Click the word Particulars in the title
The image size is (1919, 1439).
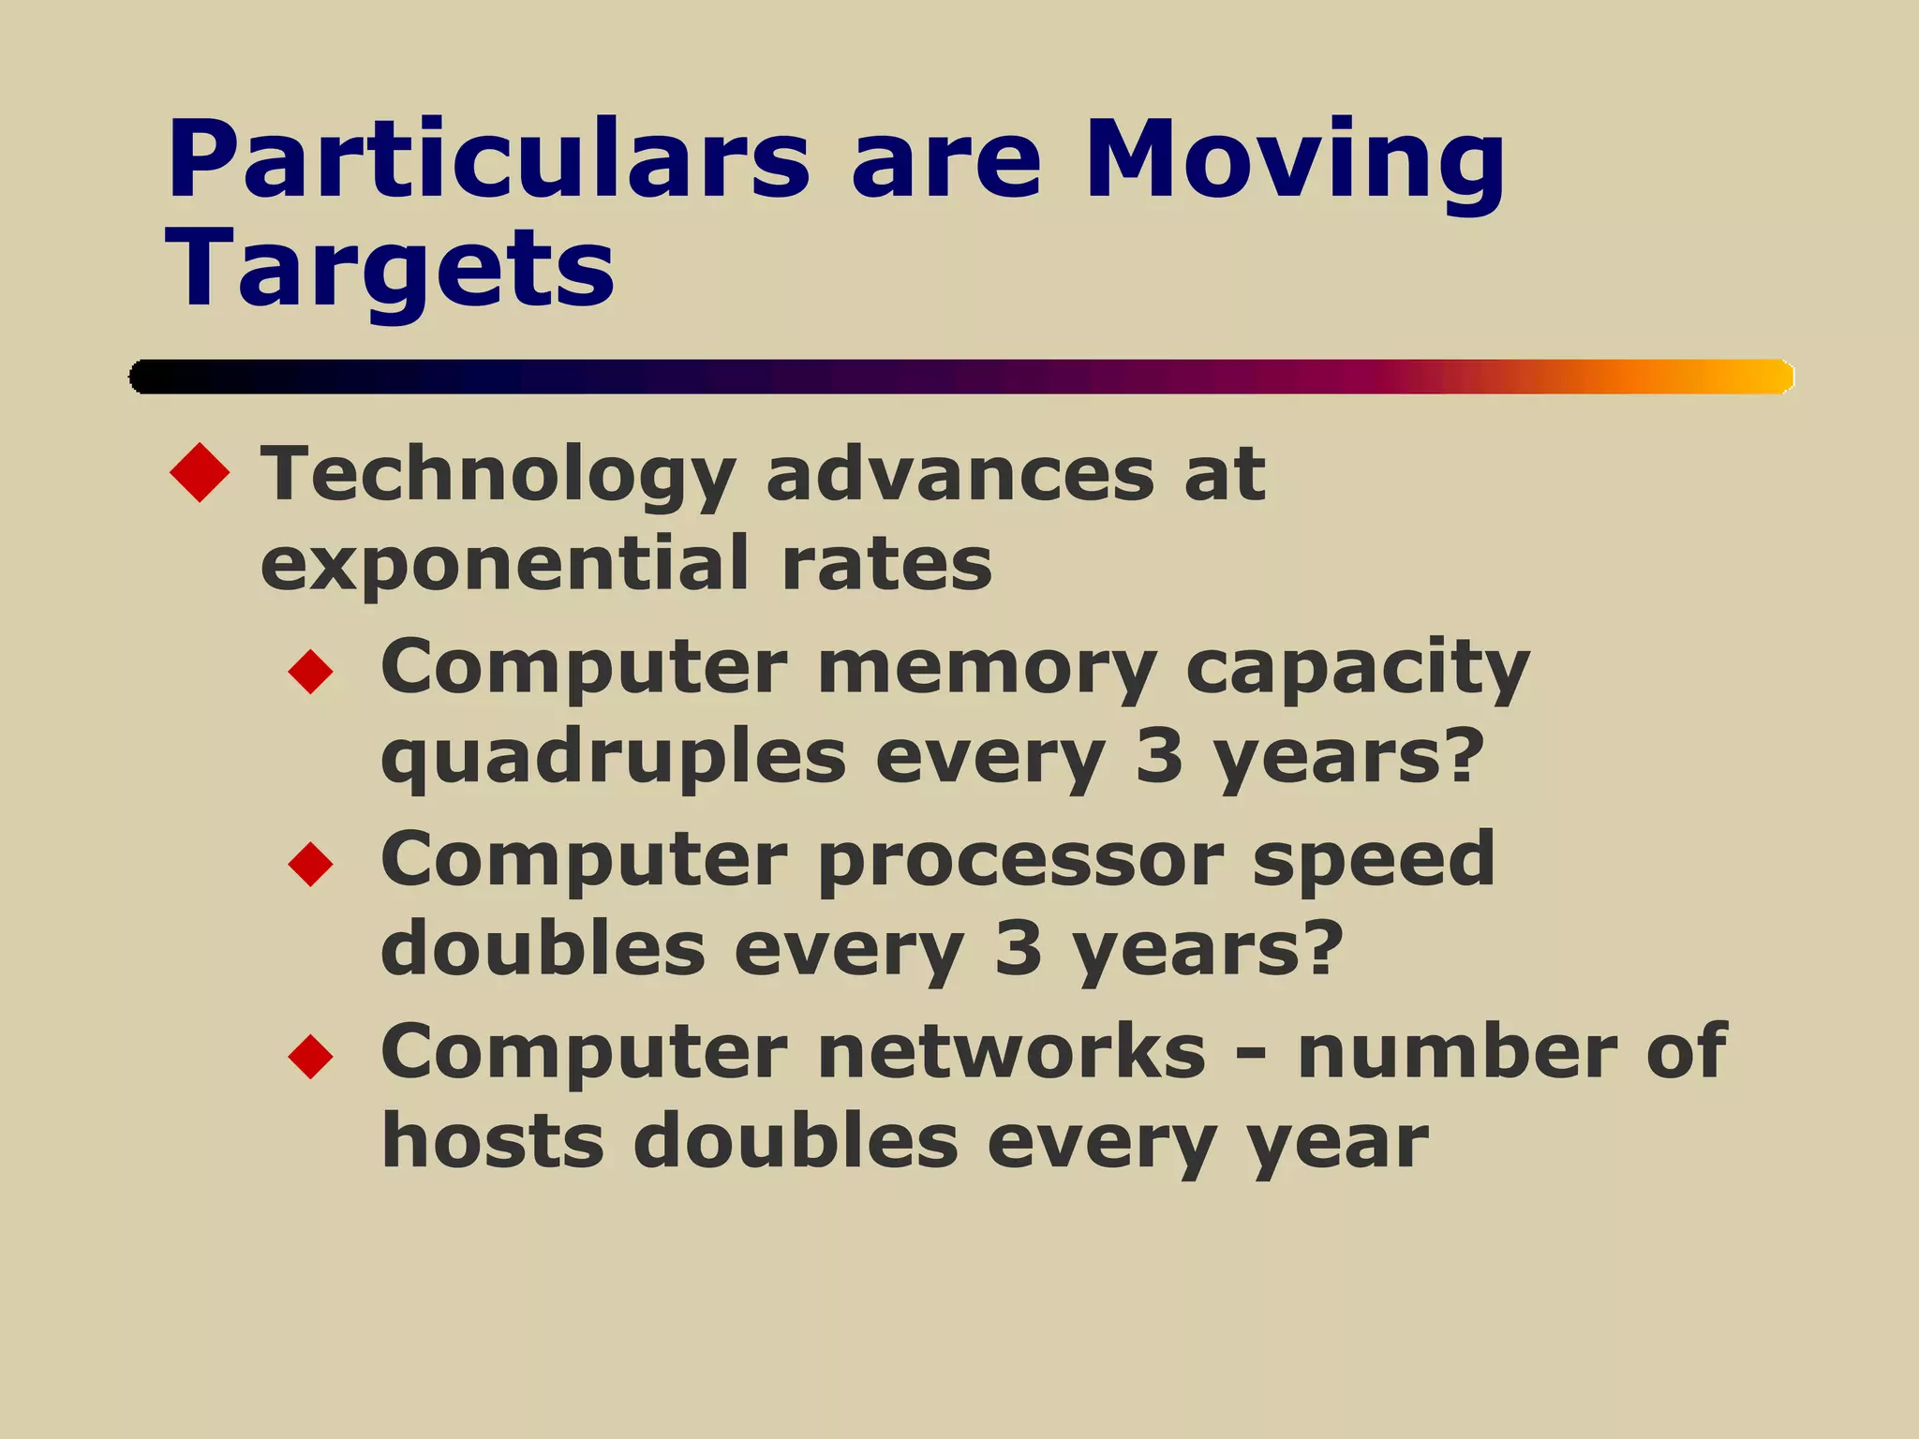[487, 161]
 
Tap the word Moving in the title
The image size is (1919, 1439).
[1293, 161]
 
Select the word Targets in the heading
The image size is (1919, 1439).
[390, 269]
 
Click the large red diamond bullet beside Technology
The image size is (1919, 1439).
[200, 472]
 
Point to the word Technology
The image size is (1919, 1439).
[497, 476]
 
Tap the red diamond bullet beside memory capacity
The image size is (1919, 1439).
[311, 672]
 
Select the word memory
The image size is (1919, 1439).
[986, 670]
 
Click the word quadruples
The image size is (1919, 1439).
[613, 759]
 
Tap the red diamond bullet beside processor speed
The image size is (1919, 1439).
[311, 864]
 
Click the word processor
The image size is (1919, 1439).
[1019, 862]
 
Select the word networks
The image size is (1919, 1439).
[1012, 1052]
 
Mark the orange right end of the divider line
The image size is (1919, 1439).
[1762, 377]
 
